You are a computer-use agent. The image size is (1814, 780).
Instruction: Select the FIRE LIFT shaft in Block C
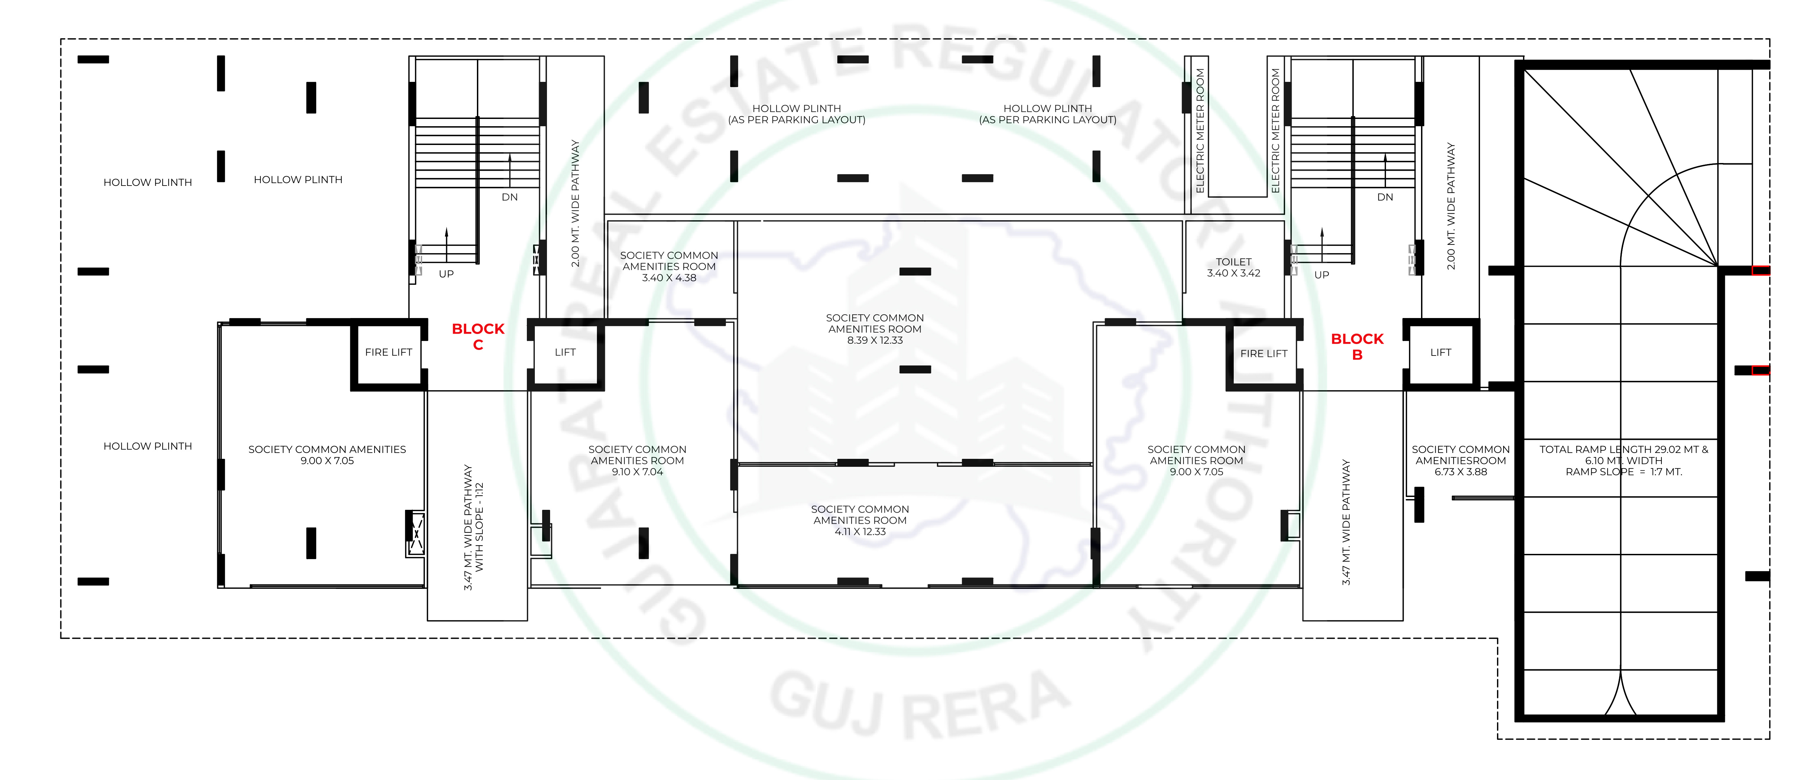coord(389,354)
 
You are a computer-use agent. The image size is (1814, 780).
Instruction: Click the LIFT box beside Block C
coord(565,354)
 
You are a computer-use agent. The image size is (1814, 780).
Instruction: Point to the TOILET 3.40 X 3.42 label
coord(1234,267)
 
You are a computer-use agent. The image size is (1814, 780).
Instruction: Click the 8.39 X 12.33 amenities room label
coord(875,329)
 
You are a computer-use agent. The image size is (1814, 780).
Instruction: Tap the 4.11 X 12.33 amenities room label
coord(860,520)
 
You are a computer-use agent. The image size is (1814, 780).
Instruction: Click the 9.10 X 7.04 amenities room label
coord(637,460)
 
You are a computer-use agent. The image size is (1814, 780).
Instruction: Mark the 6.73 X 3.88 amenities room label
coord(1461,460)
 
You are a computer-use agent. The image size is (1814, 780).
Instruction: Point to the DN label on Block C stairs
coord(510,197)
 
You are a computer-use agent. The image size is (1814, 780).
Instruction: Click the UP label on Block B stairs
coord(1322,275)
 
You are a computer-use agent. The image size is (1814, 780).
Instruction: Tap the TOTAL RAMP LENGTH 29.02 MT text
coord(1624,449)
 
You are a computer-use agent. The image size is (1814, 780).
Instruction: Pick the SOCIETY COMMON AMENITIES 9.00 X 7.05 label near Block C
coord(327,455)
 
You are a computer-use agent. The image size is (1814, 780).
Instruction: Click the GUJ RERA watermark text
coord(921,704)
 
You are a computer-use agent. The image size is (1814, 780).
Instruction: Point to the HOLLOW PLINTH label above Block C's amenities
coord(298,180)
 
